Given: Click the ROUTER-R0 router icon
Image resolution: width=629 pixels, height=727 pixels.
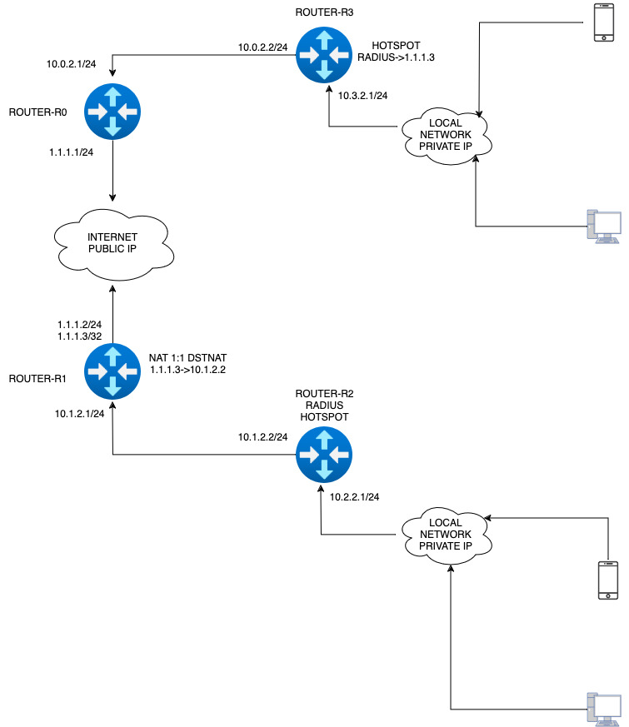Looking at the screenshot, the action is [x=112, y=112].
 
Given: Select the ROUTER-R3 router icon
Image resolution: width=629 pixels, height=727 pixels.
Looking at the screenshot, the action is [x=324, y=55].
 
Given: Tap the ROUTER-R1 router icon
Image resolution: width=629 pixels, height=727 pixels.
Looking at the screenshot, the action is [x=112, y=371].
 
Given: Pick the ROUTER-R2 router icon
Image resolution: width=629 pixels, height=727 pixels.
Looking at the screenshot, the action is [x=324, y=455].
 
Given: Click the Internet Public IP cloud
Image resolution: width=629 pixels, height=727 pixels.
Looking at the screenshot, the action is [x=113, y=244].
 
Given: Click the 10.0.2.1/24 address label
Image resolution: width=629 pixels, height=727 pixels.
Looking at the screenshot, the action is [x=71, y=64].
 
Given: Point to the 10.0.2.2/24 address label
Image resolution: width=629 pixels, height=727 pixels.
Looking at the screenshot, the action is [x=262, y=47].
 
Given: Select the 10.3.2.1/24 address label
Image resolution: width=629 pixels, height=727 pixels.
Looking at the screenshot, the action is [x=362, y=96].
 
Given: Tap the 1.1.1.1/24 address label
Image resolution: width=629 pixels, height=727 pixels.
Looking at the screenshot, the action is [x=71, y=152].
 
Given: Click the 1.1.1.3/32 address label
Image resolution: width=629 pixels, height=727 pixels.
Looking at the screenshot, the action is [x=79, y=336].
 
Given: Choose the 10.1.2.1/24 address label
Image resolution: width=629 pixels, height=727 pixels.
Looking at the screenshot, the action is [x=79, y=414].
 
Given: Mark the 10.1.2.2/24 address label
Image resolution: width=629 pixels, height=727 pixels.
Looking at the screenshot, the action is [x=262, y=436].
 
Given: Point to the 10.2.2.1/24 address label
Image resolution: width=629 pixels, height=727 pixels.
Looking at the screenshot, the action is [x=354, y=497].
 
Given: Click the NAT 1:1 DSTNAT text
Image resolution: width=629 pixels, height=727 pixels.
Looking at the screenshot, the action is [x=187, y=358].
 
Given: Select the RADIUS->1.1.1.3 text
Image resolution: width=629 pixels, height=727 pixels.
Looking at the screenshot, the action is [x=396, y=57].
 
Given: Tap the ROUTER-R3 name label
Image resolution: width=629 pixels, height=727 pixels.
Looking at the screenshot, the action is [x=324, y=12].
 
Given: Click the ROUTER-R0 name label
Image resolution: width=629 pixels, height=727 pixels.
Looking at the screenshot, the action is [x=37, y=112].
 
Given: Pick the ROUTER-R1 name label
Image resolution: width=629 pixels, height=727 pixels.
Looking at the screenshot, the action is [x=37, y=379].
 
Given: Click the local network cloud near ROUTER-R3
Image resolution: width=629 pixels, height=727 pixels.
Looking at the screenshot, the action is [x=446, y=136].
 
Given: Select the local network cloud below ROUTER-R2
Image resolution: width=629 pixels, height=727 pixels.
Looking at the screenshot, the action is [x=446, y=535].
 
